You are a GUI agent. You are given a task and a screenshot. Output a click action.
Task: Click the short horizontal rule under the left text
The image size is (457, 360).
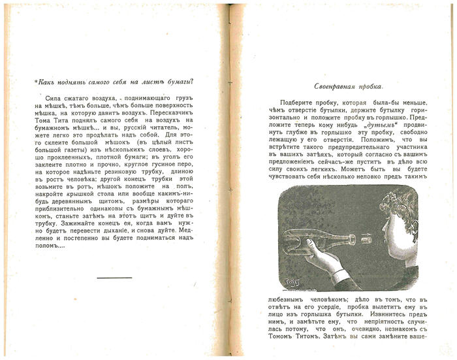(x=114, y=278)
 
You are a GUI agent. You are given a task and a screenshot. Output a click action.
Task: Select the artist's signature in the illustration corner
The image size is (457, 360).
(x=292, y=282)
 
